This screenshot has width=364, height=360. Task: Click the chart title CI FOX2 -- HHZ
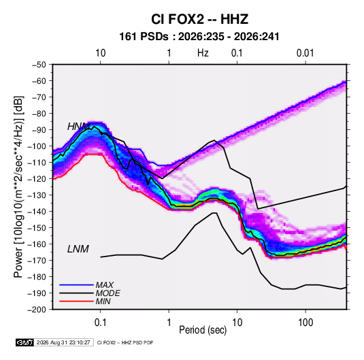[x=199, y=19]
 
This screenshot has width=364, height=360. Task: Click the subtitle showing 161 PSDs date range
[x=199, y=37]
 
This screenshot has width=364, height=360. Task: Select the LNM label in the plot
[x=78, y=249]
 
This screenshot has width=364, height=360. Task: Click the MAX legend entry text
[x=105, y=284]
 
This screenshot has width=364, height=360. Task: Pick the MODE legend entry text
[x=107, y=293]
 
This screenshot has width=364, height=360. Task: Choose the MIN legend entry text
[x=103, y=301]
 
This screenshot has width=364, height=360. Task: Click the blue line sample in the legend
[x=76, y=284]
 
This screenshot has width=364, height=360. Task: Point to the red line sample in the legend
[x=76, y=301]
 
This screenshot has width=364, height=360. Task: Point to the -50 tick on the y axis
[x=39, y=65]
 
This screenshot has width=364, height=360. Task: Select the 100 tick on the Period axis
[x=305, y=323]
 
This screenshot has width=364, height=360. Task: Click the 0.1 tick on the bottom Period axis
[x=100, y=323]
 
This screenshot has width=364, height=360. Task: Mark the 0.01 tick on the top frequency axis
[x=305, y=53]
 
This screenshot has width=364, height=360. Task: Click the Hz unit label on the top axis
[x=203, y=53]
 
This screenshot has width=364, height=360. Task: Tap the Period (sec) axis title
[x=203, y=330]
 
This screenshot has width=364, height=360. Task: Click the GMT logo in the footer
[x=24, y=342]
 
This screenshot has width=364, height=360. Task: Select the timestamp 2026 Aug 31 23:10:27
[x=63, y=342]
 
